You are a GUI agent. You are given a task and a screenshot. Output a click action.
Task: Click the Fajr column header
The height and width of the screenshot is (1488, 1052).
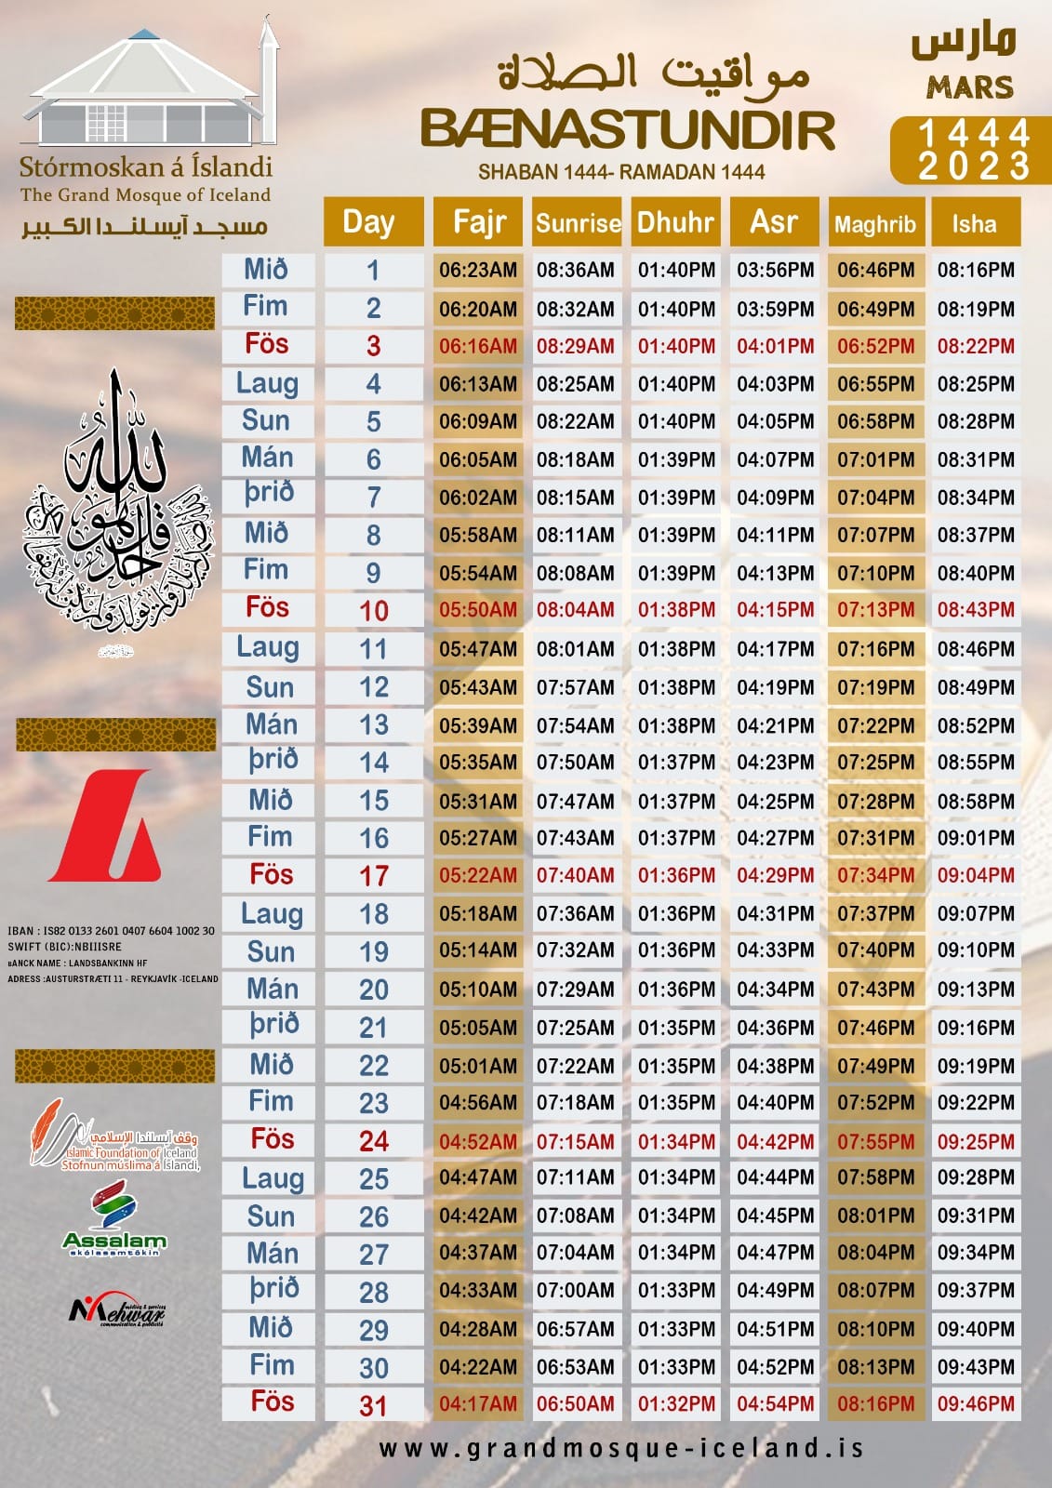[x=478, y=222]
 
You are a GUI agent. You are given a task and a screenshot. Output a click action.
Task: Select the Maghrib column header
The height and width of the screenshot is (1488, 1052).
[x=875, y=223]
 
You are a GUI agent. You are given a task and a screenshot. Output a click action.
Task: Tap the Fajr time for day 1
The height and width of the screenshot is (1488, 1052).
[x=478, y=271]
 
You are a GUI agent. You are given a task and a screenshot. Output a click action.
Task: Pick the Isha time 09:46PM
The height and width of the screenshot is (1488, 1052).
[x=976, y=1403]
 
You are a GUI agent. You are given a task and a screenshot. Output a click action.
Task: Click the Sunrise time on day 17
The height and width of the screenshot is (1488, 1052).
[x=576, y=875]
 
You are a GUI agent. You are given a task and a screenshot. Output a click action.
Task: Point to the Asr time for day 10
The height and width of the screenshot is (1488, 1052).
[x=776, y=610]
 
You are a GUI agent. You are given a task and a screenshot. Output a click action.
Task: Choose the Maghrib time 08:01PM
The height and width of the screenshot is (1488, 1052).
[x=875, y=1216]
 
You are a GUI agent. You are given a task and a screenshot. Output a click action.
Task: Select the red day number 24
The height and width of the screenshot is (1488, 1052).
[x=374, y=1141]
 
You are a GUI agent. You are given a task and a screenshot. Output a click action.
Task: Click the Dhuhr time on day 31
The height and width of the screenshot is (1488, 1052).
[x=676, y=1403]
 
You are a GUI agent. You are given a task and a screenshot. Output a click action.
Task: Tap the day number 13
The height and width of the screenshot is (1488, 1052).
[x=374, y=724]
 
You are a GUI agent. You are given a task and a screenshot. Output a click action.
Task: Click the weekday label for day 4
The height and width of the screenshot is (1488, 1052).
[x=268, y=383]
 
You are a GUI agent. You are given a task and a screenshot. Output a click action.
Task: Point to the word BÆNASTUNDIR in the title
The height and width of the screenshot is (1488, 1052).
[x=628, y=130]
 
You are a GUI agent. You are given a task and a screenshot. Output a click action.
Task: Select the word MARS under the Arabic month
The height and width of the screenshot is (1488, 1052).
[x=969, y=87]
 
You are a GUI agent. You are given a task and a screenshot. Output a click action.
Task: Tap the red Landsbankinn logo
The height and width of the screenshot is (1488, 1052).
[x=104, y=826]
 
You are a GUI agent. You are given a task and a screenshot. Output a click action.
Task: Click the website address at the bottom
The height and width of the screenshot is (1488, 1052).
[x=621, y=1448]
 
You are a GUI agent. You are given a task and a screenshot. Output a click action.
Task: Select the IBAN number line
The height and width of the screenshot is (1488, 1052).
[x=111, y=931]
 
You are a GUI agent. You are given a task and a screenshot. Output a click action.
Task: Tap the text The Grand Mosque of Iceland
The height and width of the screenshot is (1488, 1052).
[x=146, y=195]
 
